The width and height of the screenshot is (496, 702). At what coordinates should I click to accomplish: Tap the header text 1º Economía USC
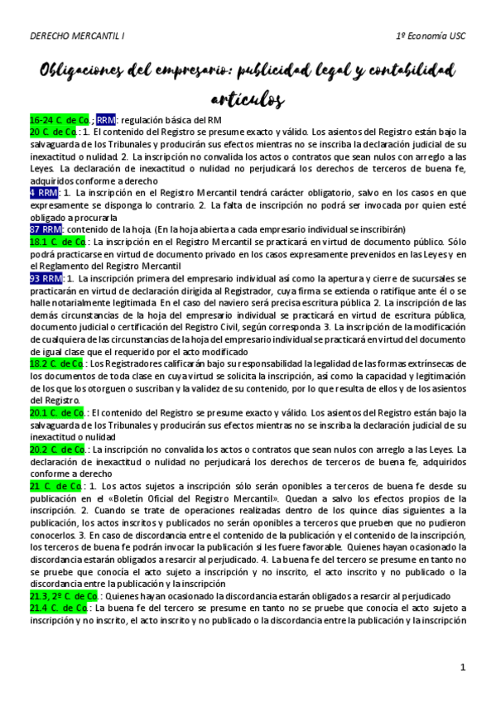click(x=431, y=36)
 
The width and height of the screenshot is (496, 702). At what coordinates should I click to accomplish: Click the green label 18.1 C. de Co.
click(x=57, y=241)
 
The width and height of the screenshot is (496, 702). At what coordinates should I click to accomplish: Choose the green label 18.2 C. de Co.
click(x=57, y=363)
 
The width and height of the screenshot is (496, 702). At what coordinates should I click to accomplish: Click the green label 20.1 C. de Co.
click(x=57, y=411)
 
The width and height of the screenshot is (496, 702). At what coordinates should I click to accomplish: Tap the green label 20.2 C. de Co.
click(x=57, y=449)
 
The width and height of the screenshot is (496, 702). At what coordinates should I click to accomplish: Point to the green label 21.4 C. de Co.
click(x=57, y=608)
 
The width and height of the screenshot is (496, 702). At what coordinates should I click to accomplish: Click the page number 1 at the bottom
click(x=464, y=666)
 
